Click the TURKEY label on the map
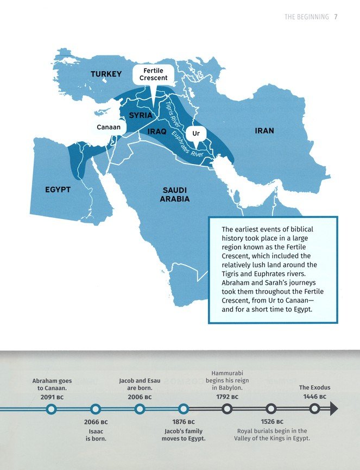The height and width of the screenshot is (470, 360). (106, 74)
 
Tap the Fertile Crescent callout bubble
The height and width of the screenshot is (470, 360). (153, 74)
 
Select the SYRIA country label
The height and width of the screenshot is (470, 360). (141, 116)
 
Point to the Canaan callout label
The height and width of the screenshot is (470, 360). (109, 127)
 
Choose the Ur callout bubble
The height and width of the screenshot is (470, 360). (196, 133)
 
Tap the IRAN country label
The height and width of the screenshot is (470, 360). (264, 131)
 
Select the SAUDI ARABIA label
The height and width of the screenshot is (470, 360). (174, 195)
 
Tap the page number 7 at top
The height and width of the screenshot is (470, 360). (336, 17)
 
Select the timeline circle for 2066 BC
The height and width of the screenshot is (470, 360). (96, 409)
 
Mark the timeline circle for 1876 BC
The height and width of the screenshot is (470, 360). (184, 409)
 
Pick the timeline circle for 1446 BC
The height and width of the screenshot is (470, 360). (314, 409)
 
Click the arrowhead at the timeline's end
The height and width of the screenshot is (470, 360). (334, 409)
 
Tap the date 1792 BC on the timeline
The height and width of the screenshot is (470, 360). (227, 397)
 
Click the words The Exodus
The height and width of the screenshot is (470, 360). (314, 387)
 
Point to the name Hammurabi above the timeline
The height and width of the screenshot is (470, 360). (227, 373)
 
